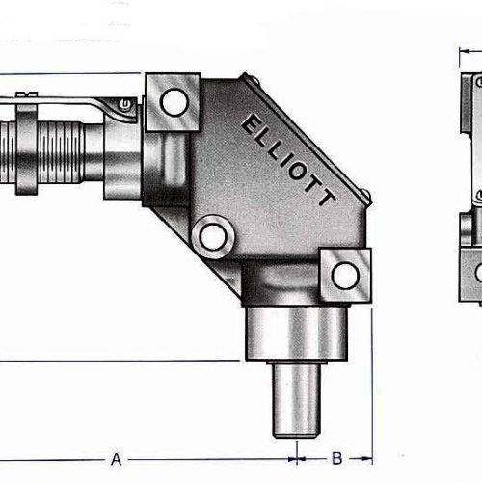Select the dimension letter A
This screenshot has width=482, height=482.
[x=116, y=459]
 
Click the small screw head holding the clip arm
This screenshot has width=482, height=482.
[x=122, y=103]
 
